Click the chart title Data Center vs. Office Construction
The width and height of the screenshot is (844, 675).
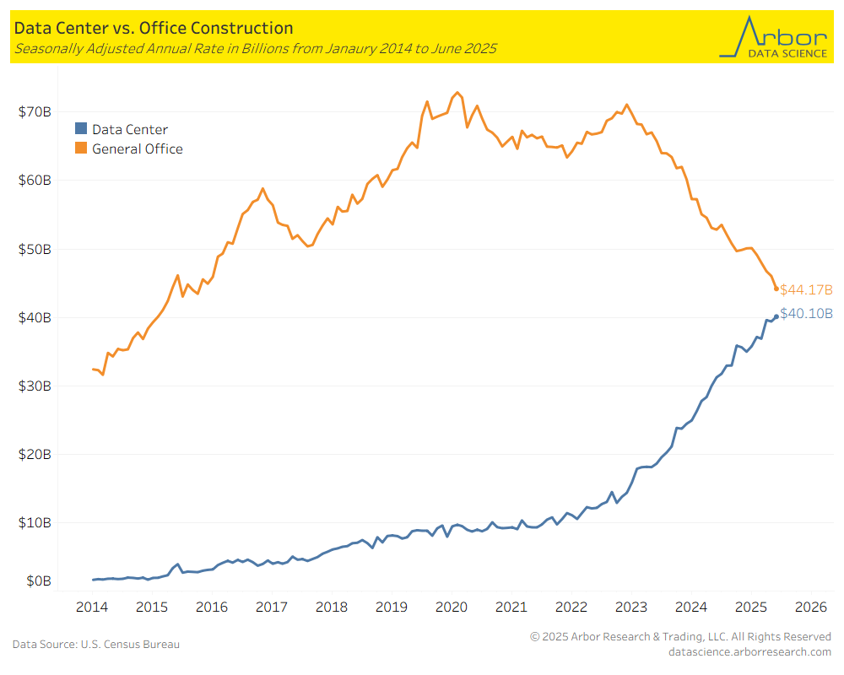pyautogui.click(x=153, y=29)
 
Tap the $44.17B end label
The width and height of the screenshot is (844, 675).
pyautogui.click(x=806, y=289)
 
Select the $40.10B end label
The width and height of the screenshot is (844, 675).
pyautogui.click(x=806, y=314)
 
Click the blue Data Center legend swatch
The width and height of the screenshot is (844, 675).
pyautogui.click(x=81, y=129)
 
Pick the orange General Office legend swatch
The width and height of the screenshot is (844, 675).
pyautogui.click(x=81, y=148)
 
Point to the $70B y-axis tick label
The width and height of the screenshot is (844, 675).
pyautogui.click(x=35, y=111)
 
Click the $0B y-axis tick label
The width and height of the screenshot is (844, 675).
pyautogui.click(x=38, y=581)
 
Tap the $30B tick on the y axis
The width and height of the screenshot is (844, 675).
pyautogui.click(x=35, y=386)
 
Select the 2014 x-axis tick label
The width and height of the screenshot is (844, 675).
pyautogui.click(x=92, y=607)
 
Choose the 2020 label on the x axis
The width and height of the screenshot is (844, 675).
pyautogui.click(x=452, y=607)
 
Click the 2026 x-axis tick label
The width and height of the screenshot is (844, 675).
pyautogui.click(x=810, y=607)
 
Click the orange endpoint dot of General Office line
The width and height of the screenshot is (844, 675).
pyautogui.click(x=776, y=289)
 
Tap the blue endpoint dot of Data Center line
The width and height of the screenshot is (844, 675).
pyautogui.click(x=776, y=316)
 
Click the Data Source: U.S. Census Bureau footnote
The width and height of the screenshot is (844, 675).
pyautogui.click(x=95, y=645)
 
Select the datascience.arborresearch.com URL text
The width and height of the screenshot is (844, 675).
pyautogui.click(x=749, y=651)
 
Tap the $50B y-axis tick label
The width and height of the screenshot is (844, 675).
pyautogui.click(x=35, y=250)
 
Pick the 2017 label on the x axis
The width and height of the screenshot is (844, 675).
pyautogui.click(x=272, y=607)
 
